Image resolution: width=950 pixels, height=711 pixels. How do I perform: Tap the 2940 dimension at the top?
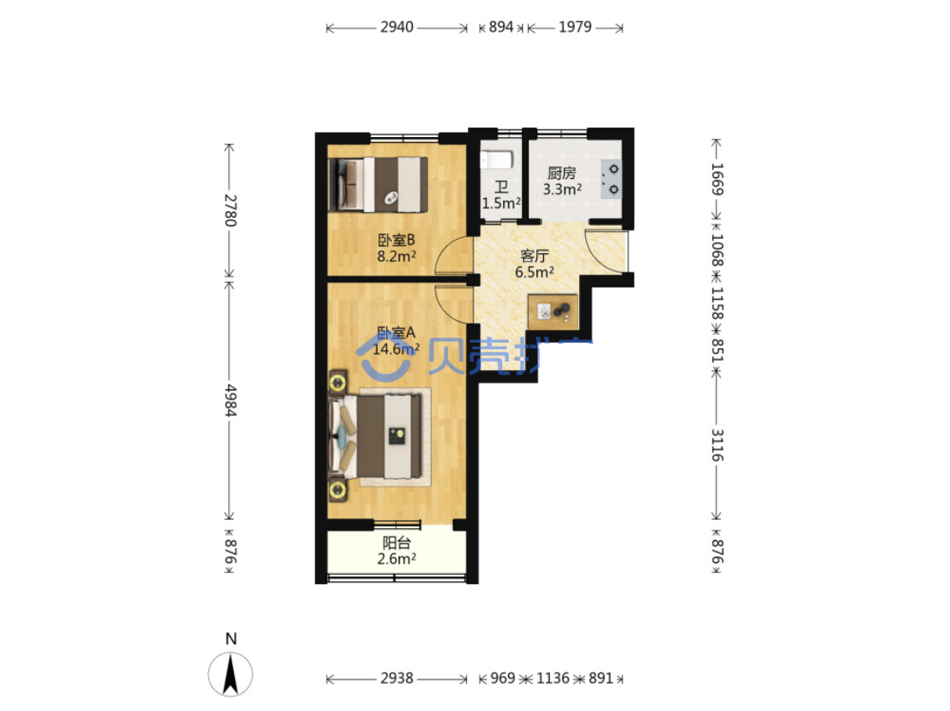click(x=397, y=28)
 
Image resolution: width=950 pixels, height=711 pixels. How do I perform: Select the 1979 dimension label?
click(x=575, y=28)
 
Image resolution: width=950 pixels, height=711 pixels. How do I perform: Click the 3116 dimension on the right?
click(x=717, y=445)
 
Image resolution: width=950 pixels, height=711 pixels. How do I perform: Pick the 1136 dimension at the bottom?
click(x=552, y=678)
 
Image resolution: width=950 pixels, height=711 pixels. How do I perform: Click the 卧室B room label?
click(x=396, y=241)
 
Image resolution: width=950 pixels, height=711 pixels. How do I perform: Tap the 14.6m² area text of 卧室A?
click(x=396, y=349)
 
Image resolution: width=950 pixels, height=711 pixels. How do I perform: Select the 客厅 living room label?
click(x=535, y=256)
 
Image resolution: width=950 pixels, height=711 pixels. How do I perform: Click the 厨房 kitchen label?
click(x=561, y=173)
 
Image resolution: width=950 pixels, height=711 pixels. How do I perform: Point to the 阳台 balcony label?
click(x=397, y=543)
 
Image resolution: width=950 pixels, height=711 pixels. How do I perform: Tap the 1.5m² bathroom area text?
click(x=501, y=204)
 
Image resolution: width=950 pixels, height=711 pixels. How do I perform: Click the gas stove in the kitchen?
click(x=611, y=180)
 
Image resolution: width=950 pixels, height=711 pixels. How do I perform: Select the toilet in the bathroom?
click(x=496, y=160)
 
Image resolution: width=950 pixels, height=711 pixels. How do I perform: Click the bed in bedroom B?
click(x=378, y=185)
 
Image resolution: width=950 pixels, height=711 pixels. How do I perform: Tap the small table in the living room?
click(x=552, y=312)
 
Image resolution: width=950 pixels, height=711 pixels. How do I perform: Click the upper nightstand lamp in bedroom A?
click(x=338, y=383)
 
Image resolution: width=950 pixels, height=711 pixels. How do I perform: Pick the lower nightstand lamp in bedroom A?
click(x=338, y=490)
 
